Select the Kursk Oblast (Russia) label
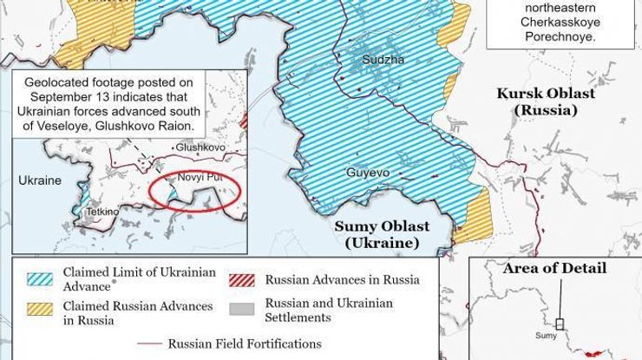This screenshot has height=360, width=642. click(546, 101)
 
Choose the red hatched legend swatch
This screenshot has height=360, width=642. click(243, 279)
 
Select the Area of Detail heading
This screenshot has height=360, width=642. click(554, 268)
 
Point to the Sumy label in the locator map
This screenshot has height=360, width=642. click(546, 333)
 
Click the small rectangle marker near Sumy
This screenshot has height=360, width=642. click(561, 324)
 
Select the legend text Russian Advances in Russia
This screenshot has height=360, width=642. click(342, 279)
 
